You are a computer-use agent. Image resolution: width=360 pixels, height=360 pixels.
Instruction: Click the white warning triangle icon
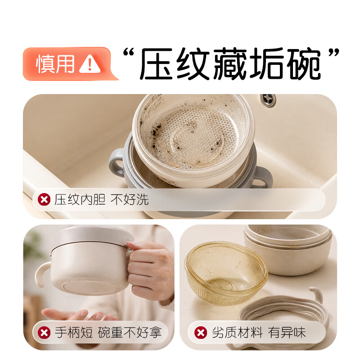pos(90,64)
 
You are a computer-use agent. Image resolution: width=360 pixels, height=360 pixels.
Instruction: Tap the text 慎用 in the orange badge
pos(55,64)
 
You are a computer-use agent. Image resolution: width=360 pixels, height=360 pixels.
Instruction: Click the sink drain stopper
pos(268,99)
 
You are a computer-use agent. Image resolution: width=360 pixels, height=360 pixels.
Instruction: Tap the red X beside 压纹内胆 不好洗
pos(44,199)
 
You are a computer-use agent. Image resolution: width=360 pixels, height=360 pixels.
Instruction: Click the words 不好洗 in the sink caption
pos(130,199)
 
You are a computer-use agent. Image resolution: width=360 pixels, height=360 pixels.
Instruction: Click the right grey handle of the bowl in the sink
pos(263,177)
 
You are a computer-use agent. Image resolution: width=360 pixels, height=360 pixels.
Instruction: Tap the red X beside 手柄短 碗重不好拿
pos(44,333)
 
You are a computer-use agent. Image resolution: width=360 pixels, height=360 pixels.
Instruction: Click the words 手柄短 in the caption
pos(73,333)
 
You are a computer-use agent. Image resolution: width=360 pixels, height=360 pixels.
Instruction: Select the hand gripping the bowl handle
pos(151,270)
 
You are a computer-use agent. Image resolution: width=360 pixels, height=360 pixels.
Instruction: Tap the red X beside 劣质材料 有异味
pos(201,333)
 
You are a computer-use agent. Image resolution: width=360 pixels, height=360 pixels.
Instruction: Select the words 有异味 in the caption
pos(287,333)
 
